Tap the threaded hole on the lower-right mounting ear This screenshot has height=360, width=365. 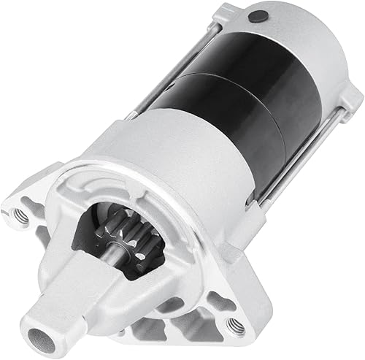pyautogui.click(x=235, y=326)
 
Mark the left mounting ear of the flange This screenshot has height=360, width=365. pyautogui.click(x=29, y=208)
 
